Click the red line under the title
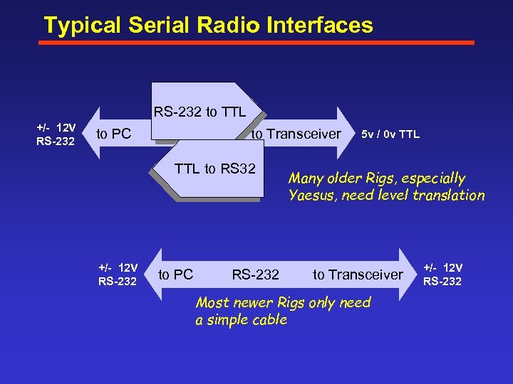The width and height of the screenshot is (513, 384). pos(256,43)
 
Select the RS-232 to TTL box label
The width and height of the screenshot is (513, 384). pos(199,112)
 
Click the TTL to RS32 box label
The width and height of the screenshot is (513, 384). pos(214,169)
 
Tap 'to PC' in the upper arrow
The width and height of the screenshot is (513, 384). pos(113,134)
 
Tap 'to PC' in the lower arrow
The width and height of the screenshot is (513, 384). pos(175,274)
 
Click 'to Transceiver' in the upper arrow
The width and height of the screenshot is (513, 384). pos(295,134)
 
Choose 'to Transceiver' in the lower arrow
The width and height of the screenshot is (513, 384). pos(358,274)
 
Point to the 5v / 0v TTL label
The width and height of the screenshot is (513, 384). pos(390,134)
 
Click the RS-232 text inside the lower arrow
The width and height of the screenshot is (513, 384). pos(255,274)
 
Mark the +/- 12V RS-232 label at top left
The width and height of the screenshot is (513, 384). pos(56,134)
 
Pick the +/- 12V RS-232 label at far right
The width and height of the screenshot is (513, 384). pos(442,274)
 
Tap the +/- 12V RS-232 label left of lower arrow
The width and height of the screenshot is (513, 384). pos(118,274)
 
